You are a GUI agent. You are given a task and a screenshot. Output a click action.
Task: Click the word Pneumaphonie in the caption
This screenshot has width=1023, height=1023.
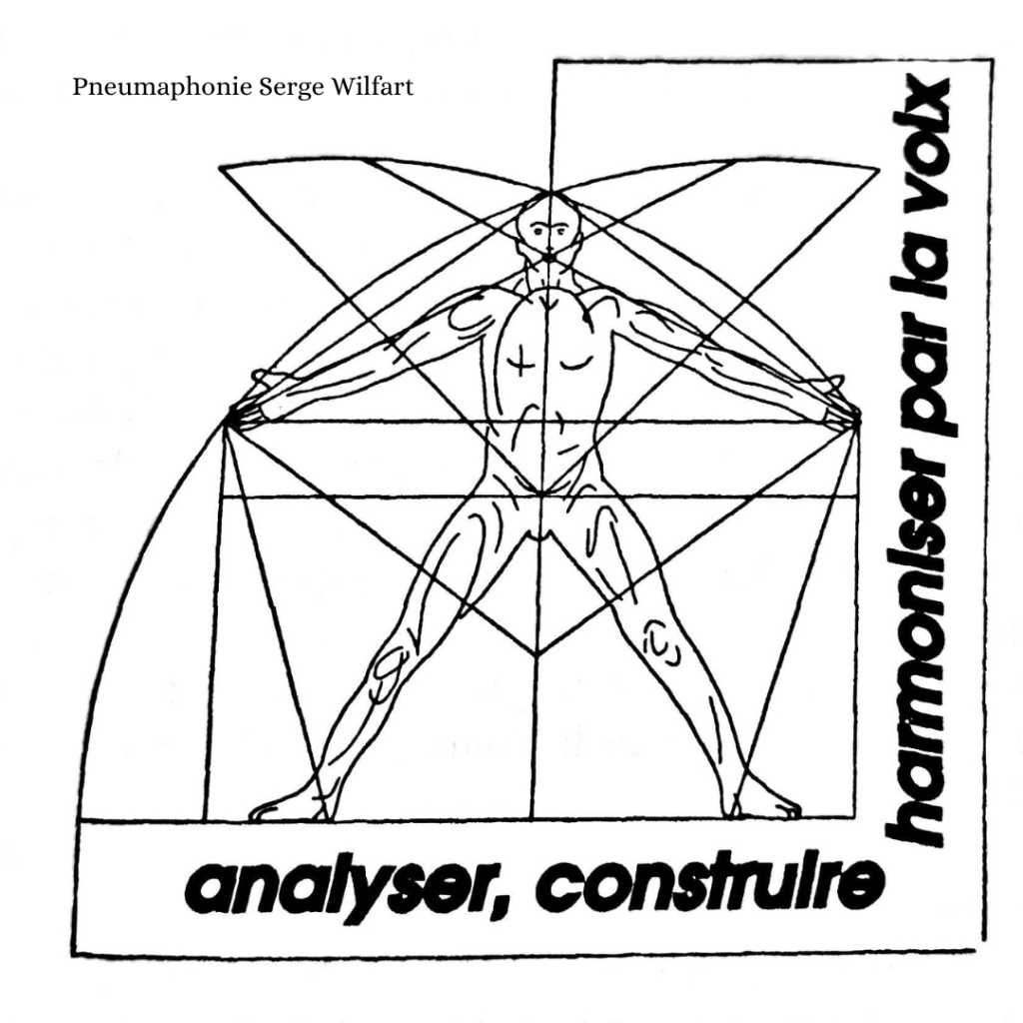click(x=162, y=88)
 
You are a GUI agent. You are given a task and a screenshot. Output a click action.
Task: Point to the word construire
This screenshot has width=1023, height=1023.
click(x=711, y=885)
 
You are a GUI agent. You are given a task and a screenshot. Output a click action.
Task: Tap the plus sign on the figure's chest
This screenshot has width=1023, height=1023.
click(x=519, y=364)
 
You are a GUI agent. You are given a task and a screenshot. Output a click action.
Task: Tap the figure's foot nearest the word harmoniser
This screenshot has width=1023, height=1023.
click(x=762, y=806)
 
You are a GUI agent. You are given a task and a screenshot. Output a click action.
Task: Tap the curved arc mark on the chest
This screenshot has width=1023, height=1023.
click(x=577, y=363)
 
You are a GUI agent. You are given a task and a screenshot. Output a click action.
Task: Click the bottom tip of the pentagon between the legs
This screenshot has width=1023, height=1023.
click(x=536, y=654)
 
